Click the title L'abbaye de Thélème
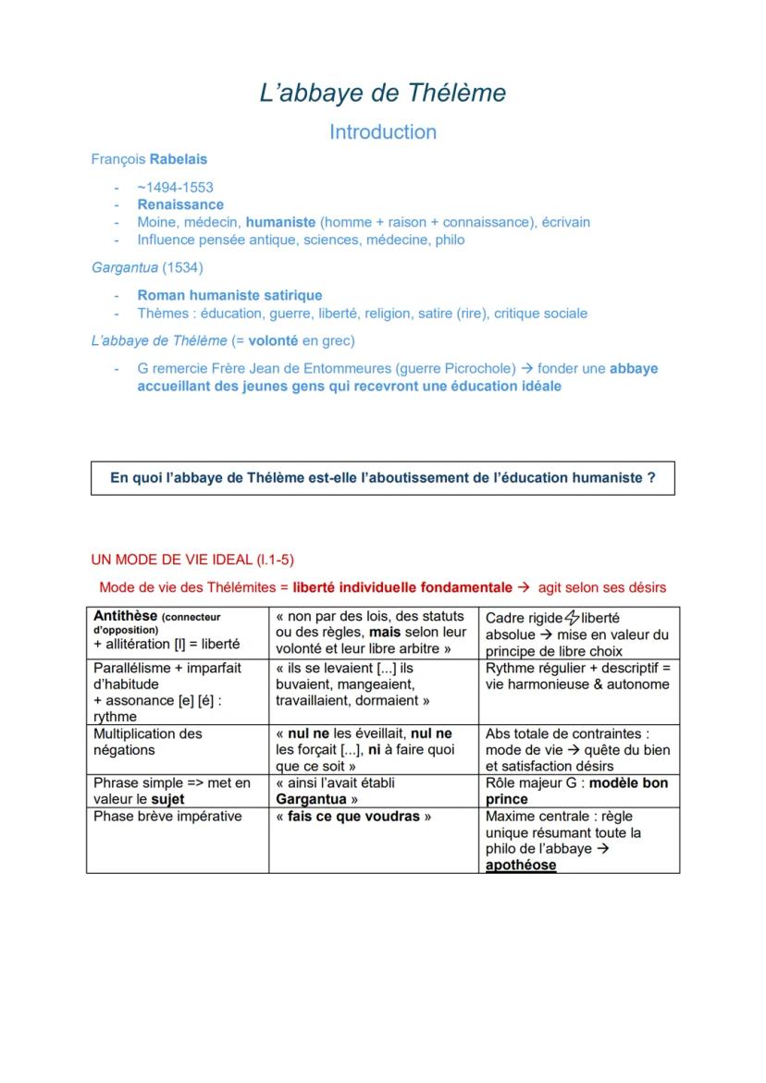coord(383,93)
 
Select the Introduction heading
coord(383,132)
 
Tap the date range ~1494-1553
coord(176,187)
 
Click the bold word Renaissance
coord(180,204)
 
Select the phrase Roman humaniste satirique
coord(229,295)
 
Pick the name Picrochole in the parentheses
coord(477,368)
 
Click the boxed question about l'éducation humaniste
coord(383,478)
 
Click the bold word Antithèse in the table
coord(126,616)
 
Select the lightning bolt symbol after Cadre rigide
coord(572,618)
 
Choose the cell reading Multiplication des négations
coord(148,742)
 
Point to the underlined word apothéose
coord(521,866)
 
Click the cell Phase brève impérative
coord(167,817)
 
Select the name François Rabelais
coord(149,159)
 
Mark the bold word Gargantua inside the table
coord(312,799)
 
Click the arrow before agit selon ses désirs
coord(523,587)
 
